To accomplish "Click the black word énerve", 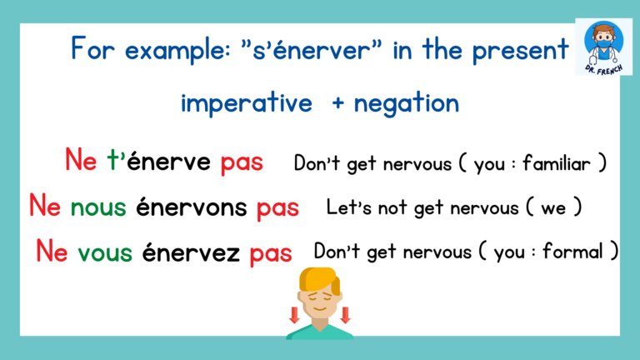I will [x=170, y=162].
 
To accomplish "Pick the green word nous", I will [x=98, y=205].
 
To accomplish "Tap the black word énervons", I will [x=192, y=205].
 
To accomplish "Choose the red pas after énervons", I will [x=277, y=206].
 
